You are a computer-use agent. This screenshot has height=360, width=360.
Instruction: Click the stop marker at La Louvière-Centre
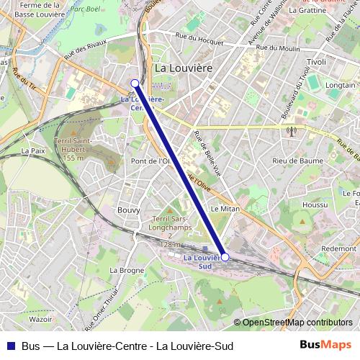(x=135, y=84)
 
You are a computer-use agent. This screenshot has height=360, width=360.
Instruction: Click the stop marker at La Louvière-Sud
(x=225, y=257)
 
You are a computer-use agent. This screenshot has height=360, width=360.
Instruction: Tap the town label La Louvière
(x=184, y=68)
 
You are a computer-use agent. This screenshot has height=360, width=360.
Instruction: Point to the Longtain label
(x=341, y=85)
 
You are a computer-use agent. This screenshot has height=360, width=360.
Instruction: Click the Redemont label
(x=339, y=248)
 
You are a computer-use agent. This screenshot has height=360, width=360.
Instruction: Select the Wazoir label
(x=41, y=318)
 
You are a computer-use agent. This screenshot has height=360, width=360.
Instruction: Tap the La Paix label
(x=33, y=150)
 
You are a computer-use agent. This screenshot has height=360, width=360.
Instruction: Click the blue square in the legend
(x=10, y=346)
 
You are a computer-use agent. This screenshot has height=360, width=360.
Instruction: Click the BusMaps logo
(x=325, y=345)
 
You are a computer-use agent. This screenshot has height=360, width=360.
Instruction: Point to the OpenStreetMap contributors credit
(x=297, y=323)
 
